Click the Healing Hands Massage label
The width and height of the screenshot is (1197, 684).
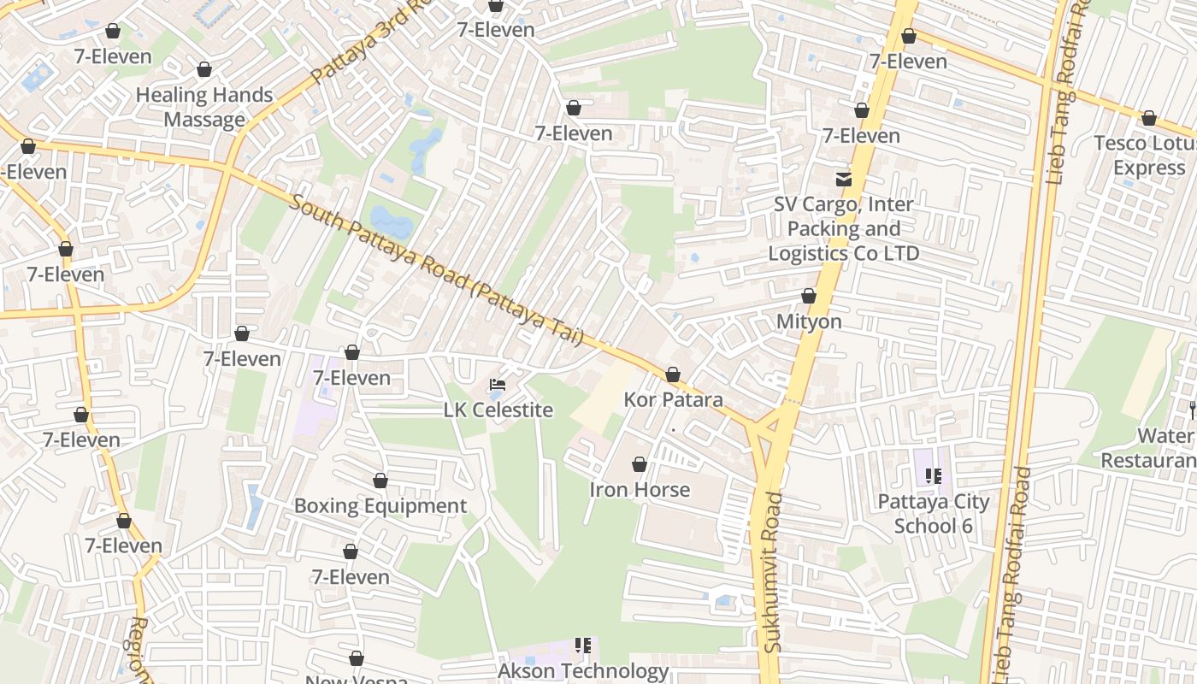pos(203,107)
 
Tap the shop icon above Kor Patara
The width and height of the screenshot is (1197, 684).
pos(673,374)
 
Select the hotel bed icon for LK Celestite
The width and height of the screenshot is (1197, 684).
pos(498,386)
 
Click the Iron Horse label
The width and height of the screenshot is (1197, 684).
pos(640,490)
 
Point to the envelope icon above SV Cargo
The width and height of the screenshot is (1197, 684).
pos(844,180)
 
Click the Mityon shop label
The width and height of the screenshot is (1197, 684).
pos(809,321)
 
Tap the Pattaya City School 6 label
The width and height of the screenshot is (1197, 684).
pos(933,513)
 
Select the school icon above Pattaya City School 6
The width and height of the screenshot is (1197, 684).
pos(933,476)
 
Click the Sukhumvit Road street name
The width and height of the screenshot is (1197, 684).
pos(773,572)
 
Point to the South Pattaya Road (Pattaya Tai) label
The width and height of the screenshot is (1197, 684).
pos(436,270)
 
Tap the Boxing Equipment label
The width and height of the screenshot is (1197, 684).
pos(380,505)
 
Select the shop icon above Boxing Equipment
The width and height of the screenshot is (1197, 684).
pos(380,481)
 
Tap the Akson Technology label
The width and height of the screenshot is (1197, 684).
pos(583,671)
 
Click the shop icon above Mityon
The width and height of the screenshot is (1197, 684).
pos(809,297)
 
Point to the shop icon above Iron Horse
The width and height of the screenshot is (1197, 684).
pos(640,464)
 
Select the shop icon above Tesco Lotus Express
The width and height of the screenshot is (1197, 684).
pos(1149,118)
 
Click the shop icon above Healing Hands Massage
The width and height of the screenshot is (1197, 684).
pos(203,69)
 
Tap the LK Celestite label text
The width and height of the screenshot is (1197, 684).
pos(498,410)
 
